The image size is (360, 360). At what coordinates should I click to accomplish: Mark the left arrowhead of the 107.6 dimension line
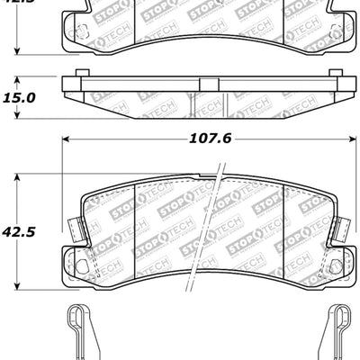[x=65, y=139]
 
